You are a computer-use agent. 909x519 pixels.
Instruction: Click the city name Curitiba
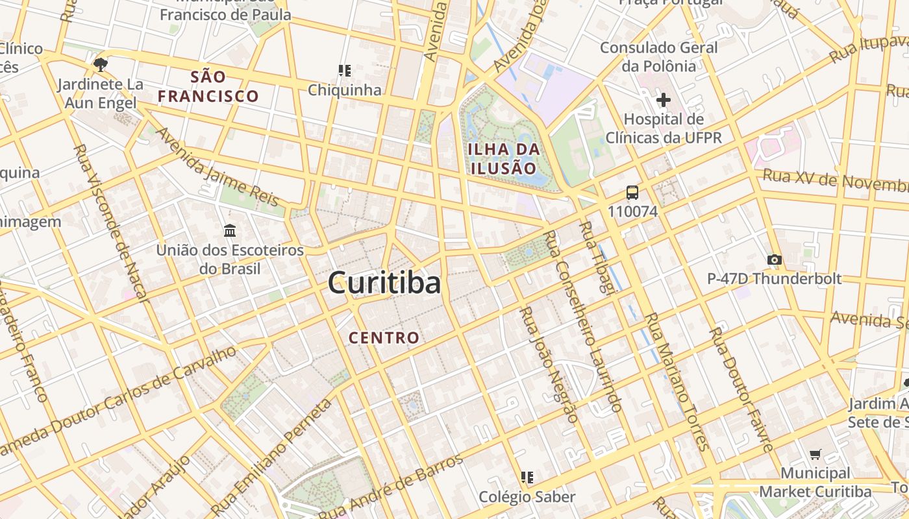point(384,284)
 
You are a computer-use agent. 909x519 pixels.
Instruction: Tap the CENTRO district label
point(384,338)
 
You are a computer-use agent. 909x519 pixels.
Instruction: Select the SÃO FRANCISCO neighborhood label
point(208,87)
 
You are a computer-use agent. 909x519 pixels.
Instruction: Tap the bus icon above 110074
point(632,193)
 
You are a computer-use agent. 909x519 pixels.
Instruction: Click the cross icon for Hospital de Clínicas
point(663,101)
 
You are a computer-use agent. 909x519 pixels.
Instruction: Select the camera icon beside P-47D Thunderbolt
point(773,260)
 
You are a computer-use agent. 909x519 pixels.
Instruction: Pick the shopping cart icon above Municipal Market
point(815,455)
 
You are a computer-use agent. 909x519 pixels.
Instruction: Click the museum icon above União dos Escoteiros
point(229,231)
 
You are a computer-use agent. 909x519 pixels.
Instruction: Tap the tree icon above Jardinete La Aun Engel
point(100,65)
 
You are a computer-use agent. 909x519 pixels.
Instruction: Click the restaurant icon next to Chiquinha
point(344,70)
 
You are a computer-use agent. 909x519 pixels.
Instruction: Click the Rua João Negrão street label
point(547,365)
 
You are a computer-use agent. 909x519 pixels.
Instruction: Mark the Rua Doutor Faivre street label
point(740,389)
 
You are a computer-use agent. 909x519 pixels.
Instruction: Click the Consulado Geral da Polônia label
point(658,56)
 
